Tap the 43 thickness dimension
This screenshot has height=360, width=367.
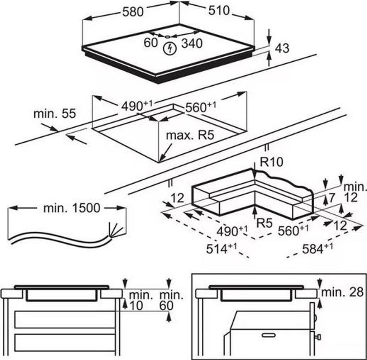point(282,48)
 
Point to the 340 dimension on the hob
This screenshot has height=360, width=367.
point(192,43)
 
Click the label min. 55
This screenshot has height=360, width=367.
point(54,114)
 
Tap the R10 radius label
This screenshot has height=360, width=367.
point(271,162)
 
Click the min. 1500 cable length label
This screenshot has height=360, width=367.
point(72,208)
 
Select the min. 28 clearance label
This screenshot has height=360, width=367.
point(342,292)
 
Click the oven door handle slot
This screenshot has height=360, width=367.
point(271,336)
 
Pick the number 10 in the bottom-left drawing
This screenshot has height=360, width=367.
point(135,306)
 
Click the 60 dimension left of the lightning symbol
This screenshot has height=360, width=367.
point(151,42)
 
